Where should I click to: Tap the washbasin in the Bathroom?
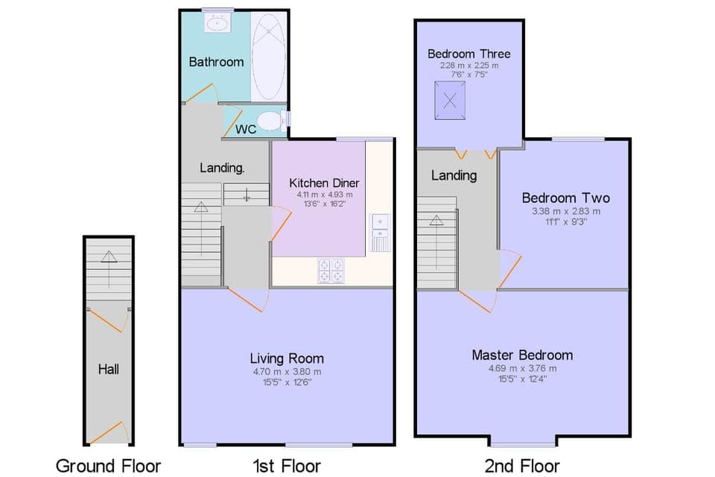218,24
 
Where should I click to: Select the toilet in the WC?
267,121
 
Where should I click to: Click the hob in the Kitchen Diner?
331,270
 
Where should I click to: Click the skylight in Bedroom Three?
450,101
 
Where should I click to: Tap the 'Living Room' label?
287,358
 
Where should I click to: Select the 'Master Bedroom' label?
522,355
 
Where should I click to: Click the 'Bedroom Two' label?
565,198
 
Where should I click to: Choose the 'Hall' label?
109,369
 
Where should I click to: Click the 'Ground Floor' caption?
109,467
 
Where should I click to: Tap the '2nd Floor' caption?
521,467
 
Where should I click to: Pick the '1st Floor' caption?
287,467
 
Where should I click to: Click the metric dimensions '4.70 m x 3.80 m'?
287,371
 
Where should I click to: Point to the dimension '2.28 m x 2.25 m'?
468,66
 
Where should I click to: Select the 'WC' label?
246,129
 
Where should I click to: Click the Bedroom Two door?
507,268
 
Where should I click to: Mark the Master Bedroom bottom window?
522,444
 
